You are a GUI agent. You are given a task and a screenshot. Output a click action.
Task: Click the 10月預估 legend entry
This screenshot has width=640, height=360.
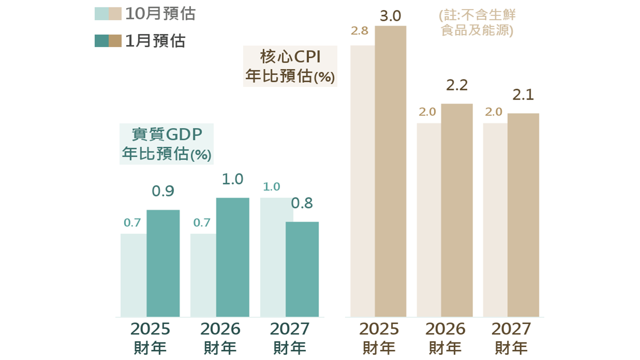coord(145,14)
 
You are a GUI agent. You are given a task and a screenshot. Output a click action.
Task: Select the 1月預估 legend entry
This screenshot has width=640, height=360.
coord(140,40)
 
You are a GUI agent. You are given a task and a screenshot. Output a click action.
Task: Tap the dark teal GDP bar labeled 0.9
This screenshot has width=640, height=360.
coord(163,263)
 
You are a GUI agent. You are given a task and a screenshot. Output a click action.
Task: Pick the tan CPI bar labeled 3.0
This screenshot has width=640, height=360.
coord(390,171)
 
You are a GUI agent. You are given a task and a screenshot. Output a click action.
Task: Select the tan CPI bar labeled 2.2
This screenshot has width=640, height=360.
coord(456,210)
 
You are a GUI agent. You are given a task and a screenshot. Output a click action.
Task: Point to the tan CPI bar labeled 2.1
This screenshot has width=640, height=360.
coord(523,215)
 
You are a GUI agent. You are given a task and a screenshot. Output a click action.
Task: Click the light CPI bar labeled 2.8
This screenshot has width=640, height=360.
coord(362,181)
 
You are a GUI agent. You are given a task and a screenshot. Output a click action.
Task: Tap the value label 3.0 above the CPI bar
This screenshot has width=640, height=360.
coord(390,16)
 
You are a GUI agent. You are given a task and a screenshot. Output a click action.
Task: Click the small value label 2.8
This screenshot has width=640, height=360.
coord(359,31)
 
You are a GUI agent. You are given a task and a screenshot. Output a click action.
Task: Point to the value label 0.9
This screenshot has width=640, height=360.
coord(163,191)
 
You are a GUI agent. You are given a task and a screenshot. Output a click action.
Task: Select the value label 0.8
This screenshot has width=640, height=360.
coord(302,203)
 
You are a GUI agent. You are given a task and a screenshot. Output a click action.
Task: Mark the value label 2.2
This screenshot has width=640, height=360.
coord(456,85)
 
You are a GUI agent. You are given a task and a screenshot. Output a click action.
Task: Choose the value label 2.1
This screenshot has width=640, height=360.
coord(523,94)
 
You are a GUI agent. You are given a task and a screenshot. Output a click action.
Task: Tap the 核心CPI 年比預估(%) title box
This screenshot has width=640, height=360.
coord(290,66)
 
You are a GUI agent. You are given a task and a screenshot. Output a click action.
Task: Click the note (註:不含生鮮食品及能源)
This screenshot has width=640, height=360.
coord(477,22)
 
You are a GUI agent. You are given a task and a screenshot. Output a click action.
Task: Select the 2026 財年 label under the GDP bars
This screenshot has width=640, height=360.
coord(220,338)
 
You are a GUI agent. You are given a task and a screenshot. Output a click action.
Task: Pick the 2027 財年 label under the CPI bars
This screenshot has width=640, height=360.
coord(511,338)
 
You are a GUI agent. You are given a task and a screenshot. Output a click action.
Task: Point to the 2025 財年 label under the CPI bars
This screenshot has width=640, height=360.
coord(379,338)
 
